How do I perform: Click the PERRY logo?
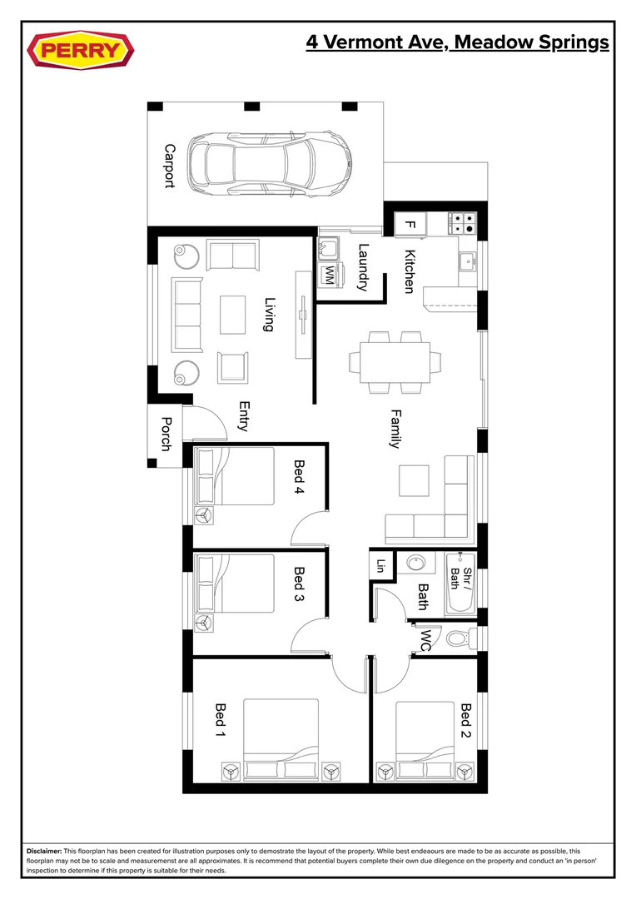click(x=81, y=50)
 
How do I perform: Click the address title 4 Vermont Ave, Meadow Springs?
click(x=457, y=42)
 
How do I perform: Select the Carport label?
click(x=170, y=166)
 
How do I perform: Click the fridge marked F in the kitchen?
click(x=410, y=224)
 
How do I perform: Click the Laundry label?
click(x=363, y=266)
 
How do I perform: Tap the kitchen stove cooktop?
click(x=463, y=223)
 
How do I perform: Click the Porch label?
click(x=166, y=434)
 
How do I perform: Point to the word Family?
click(x=395, y=428)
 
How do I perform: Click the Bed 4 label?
click(x=299, y=479)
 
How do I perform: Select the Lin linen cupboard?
click(x=381, y=565)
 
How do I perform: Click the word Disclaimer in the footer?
click(x=44, y=852)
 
